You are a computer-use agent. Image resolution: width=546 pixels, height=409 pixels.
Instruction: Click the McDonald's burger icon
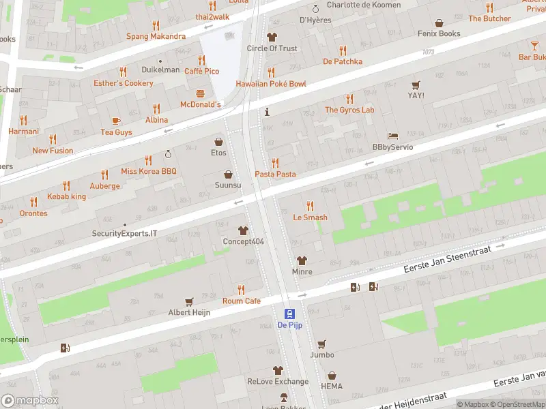click(x=201, y=93)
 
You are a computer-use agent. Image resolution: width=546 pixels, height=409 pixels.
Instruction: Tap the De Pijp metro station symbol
click(x=289, y=314)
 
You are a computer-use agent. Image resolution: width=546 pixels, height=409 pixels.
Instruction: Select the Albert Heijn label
click(x=189, y=312)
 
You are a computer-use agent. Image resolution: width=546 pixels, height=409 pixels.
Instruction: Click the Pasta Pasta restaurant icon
click(x=275, y=163)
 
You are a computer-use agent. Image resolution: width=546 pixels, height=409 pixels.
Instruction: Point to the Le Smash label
click(x=310, y=217)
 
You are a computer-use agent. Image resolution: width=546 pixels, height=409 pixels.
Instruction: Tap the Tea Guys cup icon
click(x=116, y=121)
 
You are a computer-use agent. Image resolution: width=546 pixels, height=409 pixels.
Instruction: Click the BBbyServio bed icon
click(x=392, y=136)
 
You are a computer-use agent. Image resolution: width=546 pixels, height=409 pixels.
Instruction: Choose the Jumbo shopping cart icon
click(x=321, y=344)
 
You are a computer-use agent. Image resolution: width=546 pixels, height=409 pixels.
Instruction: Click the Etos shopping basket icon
click(x=218, y=142)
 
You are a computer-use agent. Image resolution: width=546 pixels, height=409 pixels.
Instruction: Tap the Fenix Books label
click(x=440, y=33)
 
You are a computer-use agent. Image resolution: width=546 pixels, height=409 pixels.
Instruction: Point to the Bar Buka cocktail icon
click(x=534, y=46)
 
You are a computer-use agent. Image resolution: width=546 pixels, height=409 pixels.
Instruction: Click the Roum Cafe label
click(x=242, y=301)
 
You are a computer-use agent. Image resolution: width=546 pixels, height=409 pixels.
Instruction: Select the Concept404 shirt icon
click(x=243, y=230)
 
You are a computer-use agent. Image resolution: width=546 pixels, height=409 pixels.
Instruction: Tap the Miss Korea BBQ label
click(x=149, y=171)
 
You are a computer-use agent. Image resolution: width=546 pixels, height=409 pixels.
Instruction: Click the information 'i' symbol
click(x=267, y=111)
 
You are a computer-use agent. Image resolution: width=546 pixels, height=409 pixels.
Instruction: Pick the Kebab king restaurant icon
click(x=66, y=185)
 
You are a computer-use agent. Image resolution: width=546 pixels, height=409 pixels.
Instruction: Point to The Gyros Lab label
click(x=349, y=110)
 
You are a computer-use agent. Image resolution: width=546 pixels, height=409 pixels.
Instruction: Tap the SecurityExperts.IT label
click(x=124, y=233)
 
